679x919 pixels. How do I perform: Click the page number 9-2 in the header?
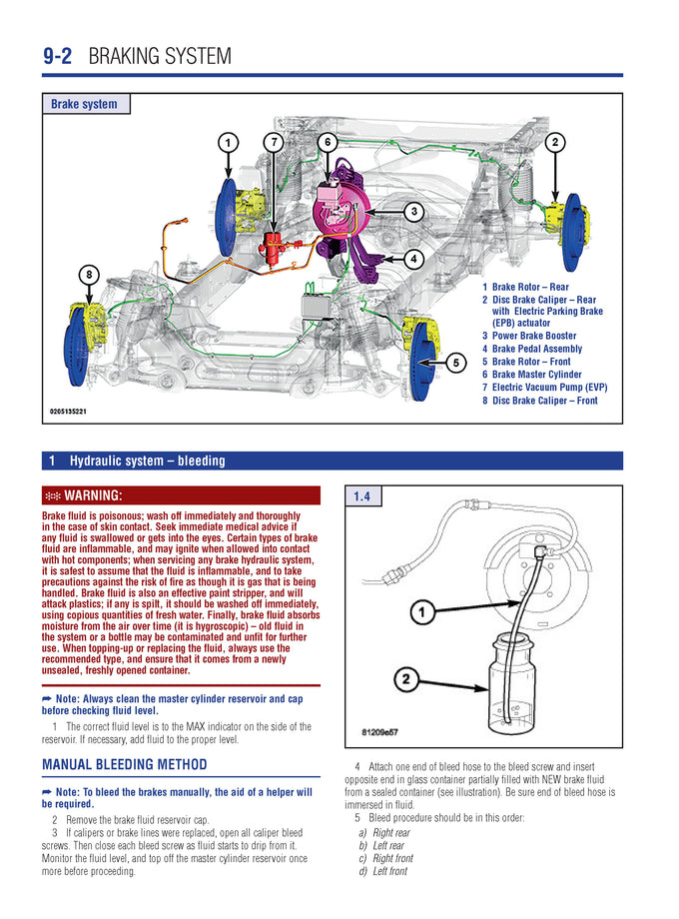pos(57,56)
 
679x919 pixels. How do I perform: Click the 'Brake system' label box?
pos(85,104)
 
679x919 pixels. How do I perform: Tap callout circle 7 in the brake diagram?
pos(274,143)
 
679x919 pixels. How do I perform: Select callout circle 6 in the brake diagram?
pos(327,143)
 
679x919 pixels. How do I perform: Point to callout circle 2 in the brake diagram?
pos(555,143)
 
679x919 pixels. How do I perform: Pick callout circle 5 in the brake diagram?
pos(455,363)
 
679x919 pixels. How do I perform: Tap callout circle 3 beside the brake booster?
pos(413,211)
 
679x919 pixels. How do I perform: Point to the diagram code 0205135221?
pos(69,411)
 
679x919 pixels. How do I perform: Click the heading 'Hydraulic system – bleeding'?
pos(147,460)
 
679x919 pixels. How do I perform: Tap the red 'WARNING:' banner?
pos(181,495)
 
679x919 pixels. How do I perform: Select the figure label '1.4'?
pos(361,496)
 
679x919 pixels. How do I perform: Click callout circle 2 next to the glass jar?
pos(405,680)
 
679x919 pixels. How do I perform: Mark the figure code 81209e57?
pos(379,732)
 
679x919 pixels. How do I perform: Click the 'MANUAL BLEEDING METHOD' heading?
pos(125,765)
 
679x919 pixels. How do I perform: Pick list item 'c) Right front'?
pos(391,858)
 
